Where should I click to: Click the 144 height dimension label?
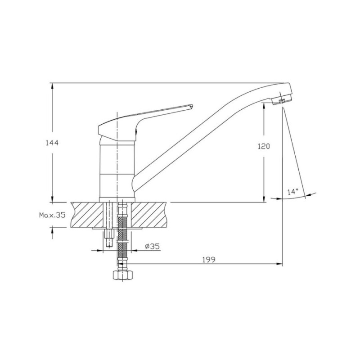pos(52,143)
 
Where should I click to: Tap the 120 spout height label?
pos(264,146)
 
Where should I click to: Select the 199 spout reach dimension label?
pos(209,260)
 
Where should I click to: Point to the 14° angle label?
pos(293,192)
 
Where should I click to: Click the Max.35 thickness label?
pos(52,215)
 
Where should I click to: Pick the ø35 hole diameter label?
pos(152,246)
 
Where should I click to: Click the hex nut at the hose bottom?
pos(123,275)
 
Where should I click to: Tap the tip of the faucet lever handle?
pos(192,106)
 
